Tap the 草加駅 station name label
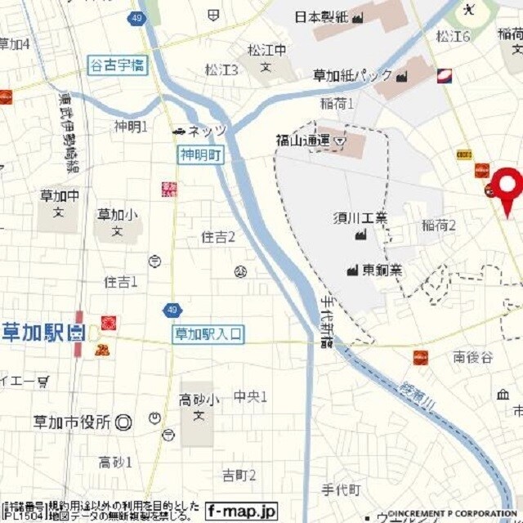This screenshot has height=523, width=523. pos(34,333)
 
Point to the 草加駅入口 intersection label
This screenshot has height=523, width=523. pos(208,333)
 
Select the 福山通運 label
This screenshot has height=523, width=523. pos(302,141)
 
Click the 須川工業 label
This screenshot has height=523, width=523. pos(360,217)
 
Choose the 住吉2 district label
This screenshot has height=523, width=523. pos(218,237)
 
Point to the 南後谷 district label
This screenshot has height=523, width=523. pos(473,356)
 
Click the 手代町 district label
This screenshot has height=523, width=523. pos(341,489)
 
